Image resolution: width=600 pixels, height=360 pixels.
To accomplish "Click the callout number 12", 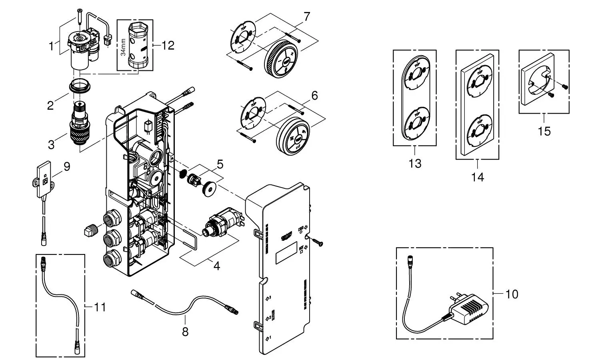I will point(168,46).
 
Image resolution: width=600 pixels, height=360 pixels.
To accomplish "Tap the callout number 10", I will point(512,295).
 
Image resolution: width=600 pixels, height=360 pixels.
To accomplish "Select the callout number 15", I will point(544,131).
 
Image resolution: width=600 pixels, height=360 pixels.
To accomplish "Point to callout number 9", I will point(66,166).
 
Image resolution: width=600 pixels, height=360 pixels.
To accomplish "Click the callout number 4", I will point(216,266).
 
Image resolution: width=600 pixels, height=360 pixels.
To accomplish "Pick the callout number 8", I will point(185,332).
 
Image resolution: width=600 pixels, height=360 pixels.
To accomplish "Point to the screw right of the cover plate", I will point(317,242).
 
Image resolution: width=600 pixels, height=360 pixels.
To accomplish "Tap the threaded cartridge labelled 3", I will point(81,124).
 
